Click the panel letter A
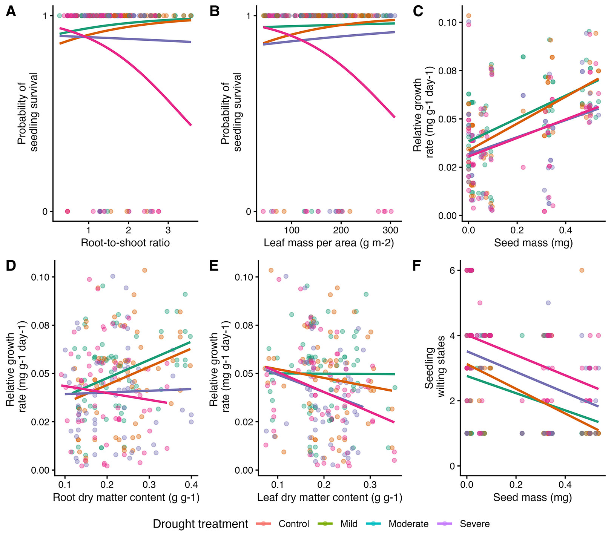pos(11,12)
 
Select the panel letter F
pos(417,266)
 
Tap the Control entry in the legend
pos(294,524)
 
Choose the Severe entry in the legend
pos(474,524)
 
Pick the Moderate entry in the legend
pos(408,524)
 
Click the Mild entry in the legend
pos(349,524)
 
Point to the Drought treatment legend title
pos(200,524)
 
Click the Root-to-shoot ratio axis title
pos(125,242)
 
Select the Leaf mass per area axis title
pos(329,242)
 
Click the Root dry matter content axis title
pos(126,497)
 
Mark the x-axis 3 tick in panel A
pos(168,230)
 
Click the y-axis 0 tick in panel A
pos(45,212)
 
